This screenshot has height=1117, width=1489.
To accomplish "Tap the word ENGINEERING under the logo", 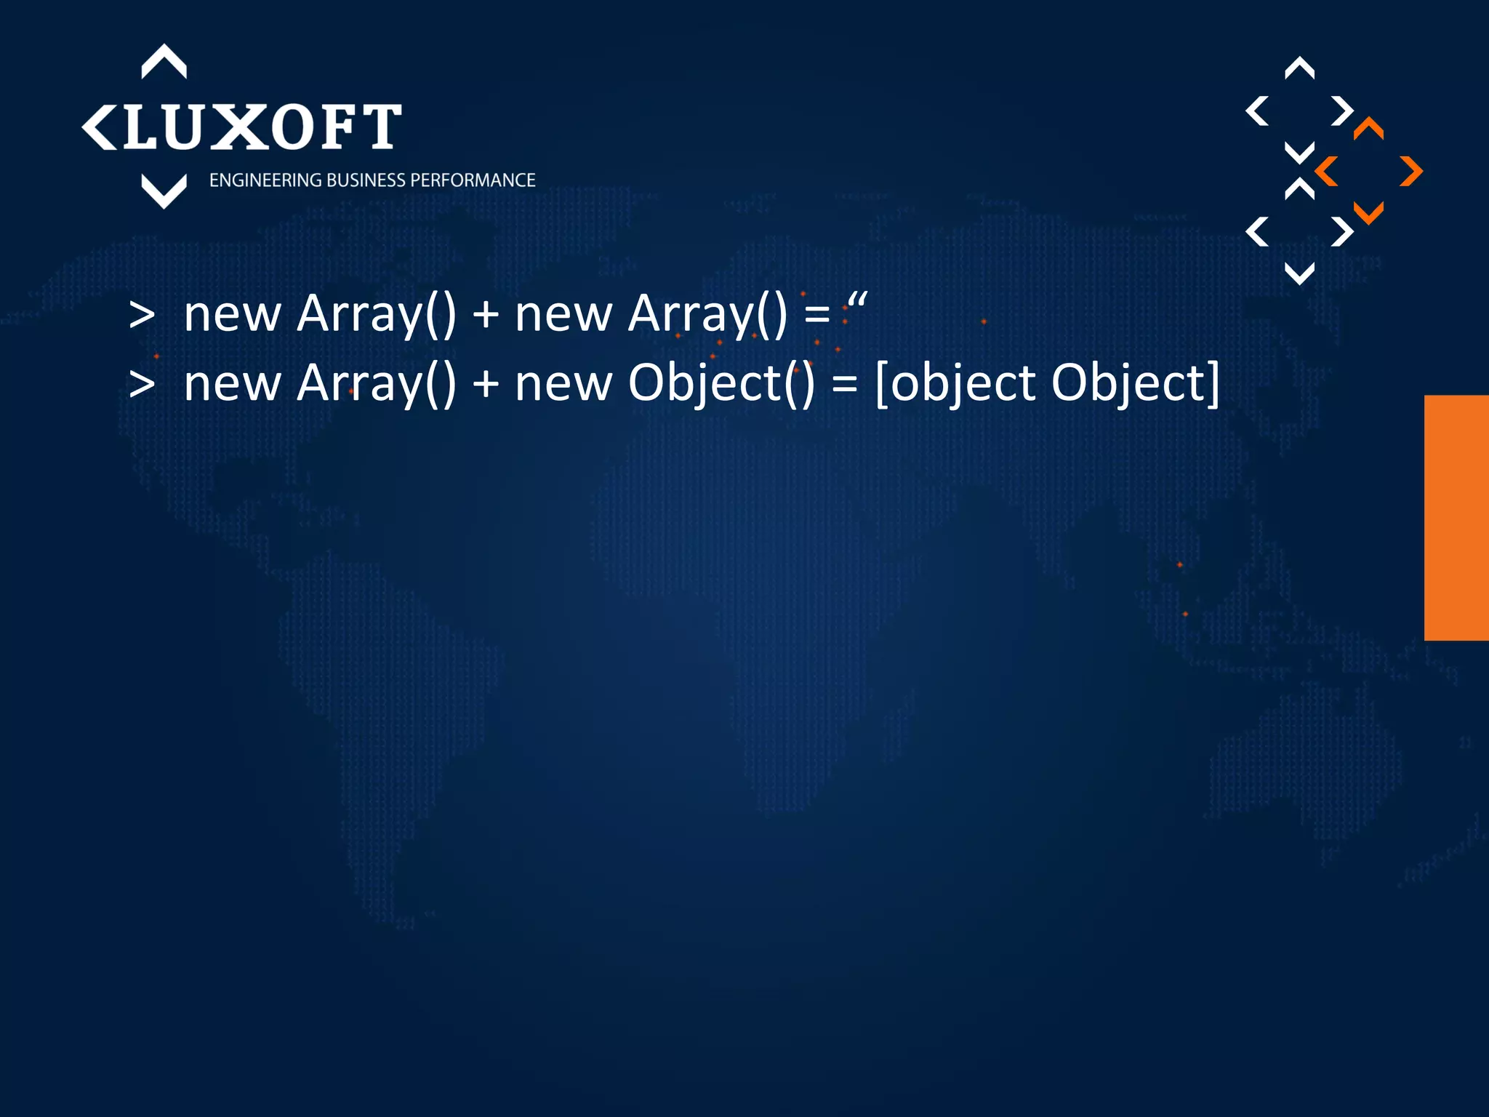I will pyautogui.click(x=265, y=180).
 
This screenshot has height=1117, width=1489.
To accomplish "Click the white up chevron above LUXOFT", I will pyautogui.click(x=164, y=62).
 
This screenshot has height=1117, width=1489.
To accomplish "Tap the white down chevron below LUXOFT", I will pyautogui.click(x=164, y=191).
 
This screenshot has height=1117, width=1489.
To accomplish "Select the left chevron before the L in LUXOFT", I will pyautogui.click(x=99, y=127).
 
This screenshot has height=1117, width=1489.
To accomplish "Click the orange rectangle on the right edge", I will pyautogui.click(x=1456, y=518).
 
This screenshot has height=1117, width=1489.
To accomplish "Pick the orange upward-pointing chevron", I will pyautogui.click(x=1368, y=129).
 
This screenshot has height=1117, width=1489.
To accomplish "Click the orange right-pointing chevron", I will pyautogui.click(x=1411, y=172).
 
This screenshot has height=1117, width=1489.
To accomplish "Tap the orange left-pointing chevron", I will pyautogui.click(x=1326, y=172).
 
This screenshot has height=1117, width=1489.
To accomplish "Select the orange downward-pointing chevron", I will pyautogui.click(x=1368, y=213).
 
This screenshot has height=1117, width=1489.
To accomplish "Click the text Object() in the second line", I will pyautogui.click(x=721, y=384).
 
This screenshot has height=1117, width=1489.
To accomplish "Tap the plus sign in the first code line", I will pyautogui.click(x=486, y=316).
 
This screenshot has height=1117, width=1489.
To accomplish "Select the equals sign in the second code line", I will pyautogui.click(x=845, y=384).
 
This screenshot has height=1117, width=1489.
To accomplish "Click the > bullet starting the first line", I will pyautogui.click(x=142, y=316).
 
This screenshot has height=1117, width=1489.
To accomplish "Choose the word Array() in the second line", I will pyautogui.click(x=377, y=384).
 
